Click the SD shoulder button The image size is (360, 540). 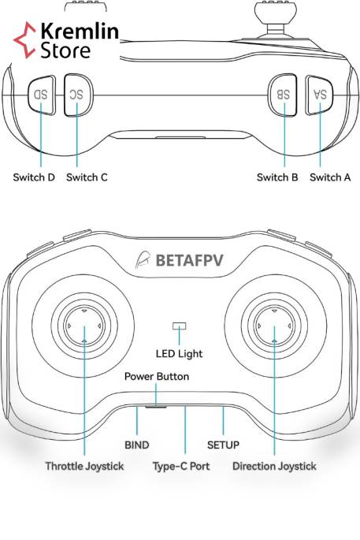42,95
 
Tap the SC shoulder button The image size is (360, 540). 78,95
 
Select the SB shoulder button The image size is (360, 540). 283,95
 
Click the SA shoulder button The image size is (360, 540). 319,95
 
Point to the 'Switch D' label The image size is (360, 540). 34,177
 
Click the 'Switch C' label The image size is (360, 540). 87,177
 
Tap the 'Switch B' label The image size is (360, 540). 277,177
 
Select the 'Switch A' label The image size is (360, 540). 330,177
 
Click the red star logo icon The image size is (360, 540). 24,40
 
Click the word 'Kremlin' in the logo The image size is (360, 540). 80,31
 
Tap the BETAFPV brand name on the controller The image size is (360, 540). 189,260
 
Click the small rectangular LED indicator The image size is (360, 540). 180,326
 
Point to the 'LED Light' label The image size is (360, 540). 179,354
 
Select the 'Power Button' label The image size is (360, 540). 157,376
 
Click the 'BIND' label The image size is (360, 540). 136,445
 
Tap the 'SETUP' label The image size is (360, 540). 223,445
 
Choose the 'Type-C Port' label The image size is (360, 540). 181,467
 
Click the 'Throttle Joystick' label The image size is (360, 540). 84,467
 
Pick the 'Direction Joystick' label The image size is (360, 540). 274,467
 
